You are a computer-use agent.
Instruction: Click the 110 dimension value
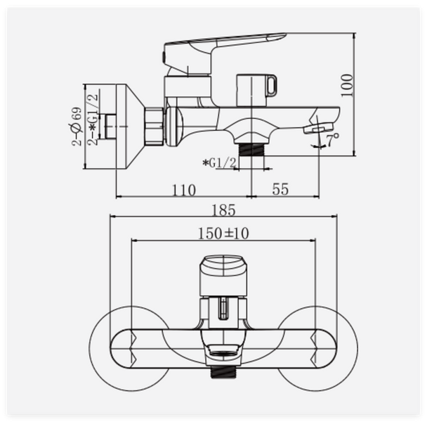tap(183, 190)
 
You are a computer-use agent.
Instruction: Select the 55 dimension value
tap(280, 189)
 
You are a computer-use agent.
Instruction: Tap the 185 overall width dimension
tap(223, 210)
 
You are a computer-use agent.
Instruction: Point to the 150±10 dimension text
tap(223, 234)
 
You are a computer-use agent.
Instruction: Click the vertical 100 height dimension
tap(347, 85)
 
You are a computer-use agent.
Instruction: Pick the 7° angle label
tap(333, 139)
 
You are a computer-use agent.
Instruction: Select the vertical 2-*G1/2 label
tap(93, 119)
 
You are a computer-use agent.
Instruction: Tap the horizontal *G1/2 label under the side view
tap(219, 163)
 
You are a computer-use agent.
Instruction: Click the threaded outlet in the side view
tap(251, 149)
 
